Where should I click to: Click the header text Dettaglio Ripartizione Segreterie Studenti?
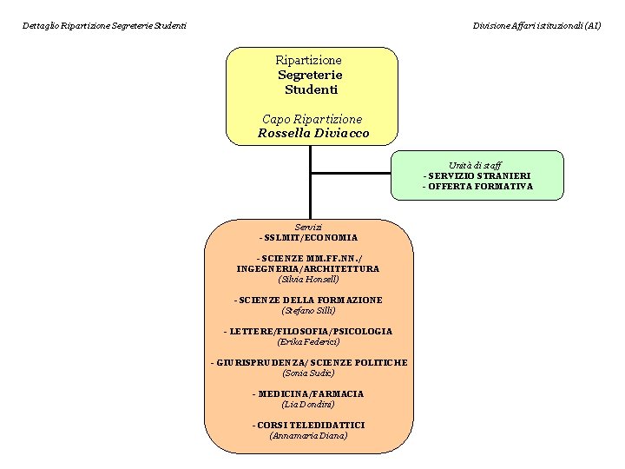[104, 26]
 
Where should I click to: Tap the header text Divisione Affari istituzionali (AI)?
[536, 26]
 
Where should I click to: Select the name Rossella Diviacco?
[312, 134]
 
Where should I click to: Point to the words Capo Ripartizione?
[312, 119]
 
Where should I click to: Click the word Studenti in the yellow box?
[311, 89]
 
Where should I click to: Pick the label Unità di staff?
[475, 165]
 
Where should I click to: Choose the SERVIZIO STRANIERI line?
[477, 175]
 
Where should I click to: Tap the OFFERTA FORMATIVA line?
[477, 186]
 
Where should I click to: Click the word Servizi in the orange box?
[308, 227]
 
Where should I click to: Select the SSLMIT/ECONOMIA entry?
[308, 237]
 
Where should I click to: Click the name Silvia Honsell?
[308, 280]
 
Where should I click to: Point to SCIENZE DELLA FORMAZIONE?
[308, 300]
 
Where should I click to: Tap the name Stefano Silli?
[308, 311]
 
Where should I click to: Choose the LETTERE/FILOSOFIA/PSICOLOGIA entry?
[308, 331]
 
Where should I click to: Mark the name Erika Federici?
[308, 342]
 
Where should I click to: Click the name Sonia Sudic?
[308, 373]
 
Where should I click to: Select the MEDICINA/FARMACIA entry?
[308, 393]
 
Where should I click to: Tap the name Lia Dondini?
[308, 405]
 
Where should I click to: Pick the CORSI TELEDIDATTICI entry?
[308, 425]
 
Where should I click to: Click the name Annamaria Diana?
[308, 436]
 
